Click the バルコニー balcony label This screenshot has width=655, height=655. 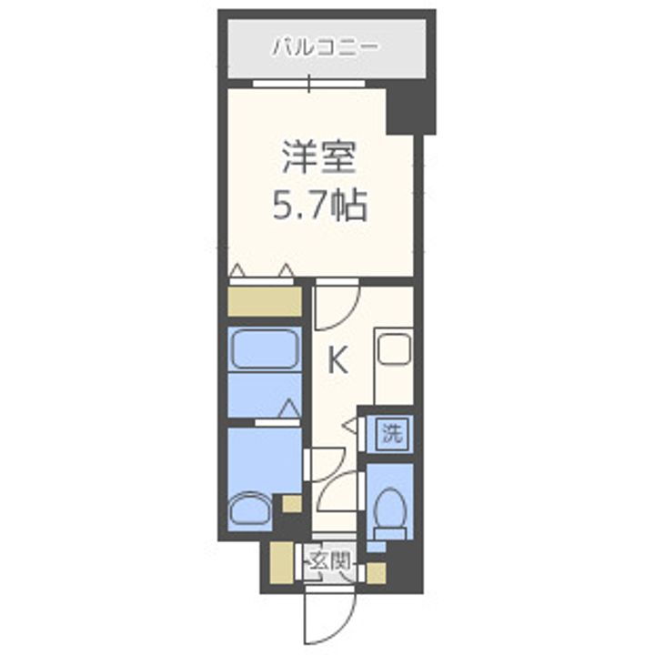(x=326, y=45)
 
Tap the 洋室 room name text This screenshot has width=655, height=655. (x=318, y=158)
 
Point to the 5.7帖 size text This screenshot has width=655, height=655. (x=318, y=207)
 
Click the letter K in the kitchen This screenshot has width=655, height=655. (x=337, y=361)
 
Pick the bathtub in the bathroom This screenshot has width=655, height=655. (x=264, y=350)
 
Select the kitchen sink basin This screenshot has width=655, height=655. (x=394, y=349)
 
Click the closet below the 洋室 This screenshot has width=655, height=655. (x=264, y=300)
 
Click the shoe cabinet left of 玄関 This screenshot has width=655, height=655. (x=277, y=563)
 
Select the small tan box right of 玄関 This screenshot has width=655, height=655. (x=376, y=572)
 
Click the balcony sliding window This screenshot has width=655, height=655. (x=309, y=85)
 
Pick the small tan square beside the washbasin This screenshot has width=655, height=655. (x=290, y=503)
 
